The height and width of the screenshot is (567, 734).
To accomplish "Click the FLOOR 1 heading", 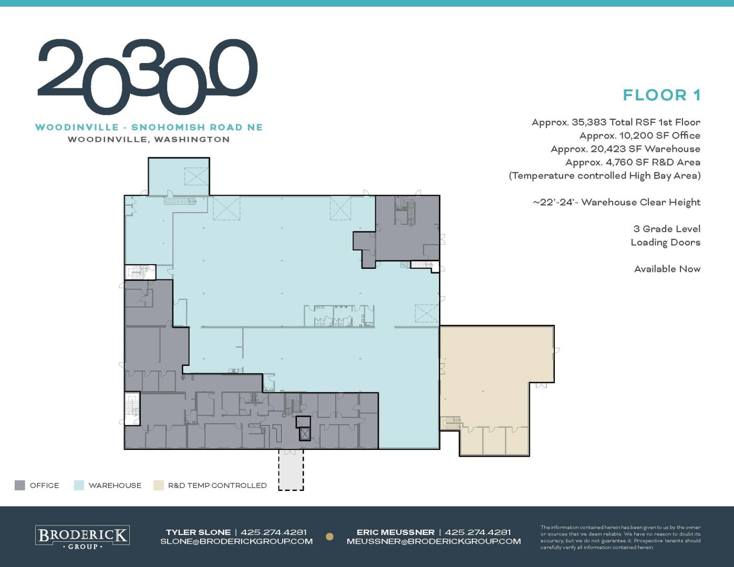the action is (661, 95).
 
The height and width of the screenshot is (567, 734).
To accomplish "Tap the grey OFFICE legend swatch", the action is (20, 485).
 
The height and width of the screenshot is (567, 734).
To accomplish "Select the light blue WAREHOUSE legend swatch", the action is (79, 485).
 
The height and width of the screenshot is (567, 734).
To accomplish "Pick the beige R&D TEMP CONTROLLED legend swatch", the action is (159, 485).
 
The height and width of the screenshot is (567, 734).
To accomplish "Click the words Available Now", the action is (667, 269).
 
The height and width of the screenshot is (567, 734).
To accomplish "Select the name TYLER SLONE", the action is (198, 532).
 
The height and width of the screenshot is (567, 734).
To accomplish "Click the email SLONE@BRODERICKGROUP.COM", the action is (236, 541).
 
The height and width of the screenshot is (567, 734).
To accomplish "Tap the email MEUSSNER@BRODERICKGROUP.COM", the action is (433, 541).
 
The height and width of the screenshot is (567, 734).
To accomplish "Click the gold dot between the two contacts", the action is (329, 537).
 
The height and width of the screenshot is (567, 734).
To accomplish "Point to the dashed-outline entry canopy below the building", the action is (291, 470).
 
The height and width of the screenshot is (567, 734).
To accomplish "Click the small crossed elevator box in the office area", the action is (305, 434).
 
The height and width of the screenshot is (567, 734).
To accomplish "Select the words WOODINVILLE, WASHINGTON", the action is (149, 140).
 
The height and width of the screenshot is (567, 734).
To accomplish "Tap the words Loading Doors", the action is (665, 243).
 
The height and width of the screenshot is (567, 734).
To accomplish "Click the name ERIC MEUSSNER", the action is (396, 532).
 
